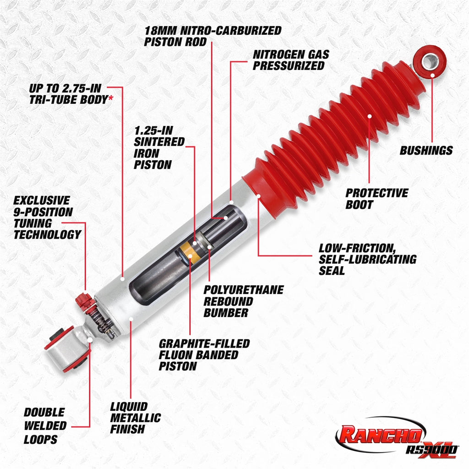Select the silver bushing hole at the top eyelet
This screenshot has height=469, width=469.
pyautogui.click(x=430, y=61)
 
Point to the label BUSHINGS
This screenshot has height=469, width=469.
pyautogui.click(x=426, y=150)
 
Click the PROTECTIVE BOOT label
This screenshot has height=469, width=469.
pyautogui.click(x=376, y=198)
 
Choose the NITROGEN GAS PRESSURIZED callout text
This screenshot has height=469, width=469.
pyautogui.click(x=291, y=60)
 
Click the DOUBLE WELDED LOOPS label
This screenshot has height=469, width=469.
pyautogui.click(x=45, y=426)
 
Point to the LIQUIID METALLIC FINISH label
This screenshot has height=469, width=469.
pyautogui.click(x=135, y=418)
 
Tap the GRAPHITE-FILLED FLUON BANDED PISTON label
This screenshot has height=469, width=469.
pyautogui.click(x=204, y=354)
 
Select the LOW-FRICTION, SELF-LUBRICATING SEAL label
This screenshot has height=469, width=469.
pyautogui.click(x=367, y=259)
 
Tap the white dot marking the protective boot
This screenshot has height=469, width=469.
pyautogui.click(x=370, y=115)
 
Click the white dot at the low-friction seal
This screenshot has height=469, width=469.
pyautogui.click(x=259, y=196)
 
